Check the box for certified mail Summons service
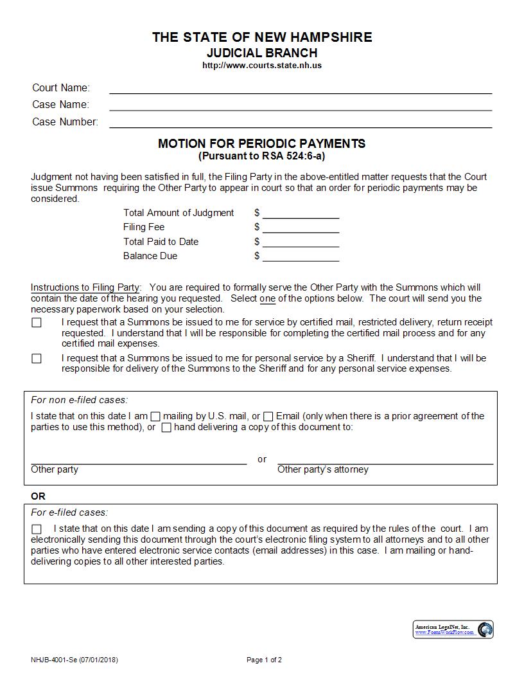pos(37,323)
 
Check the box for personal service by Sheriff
pos(37,359)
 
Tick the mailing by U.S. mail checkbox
pos(155,417)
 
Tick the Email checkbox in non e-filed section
pos(268,417)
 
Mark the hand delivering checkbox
pos(166,428)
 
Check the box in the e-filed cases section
pos(37,529)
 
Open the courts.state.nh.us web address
pos(262,66)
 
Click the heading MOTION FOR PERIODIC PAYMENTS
pos(262,144)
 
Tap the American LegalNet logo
pos(453,629)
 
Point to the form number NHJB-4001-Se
pos(54,660)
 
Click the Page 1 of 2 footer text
pos(264,660)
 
